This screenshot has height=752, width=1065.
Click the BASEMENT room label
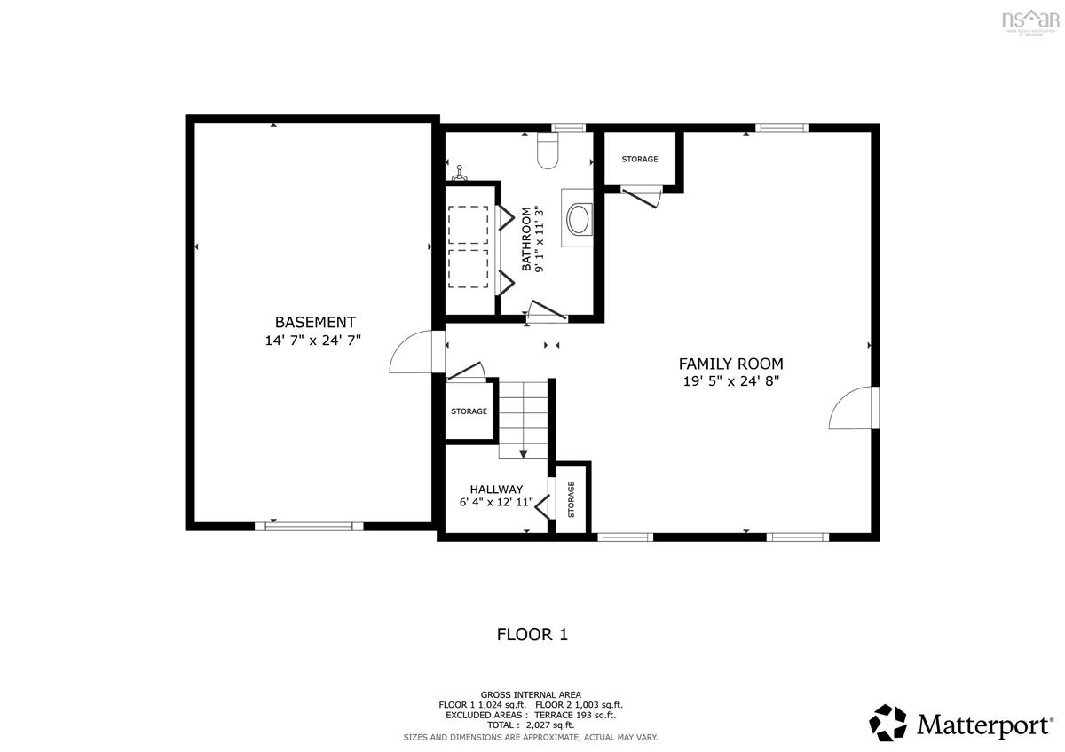pyautogui.click(x=314, y=323)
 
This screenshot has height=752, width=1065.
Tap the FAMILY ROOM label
pyautogui.click(x=730, y=364)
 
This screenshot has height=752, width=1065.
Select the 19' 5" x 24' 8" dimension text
pyautogui.click(x=730, y=381)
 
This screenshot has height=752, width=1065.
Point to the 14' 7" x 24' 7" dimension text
pyautogui.click(x=314, y=341)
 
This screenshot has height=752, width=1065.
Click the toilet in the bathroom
pyautogui.click(x=548, y=153)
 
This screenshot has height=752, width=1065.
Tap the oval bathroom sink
pyautogui.click(x=578, y=219)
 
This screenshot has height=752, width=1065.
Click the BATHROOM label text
pyautogui.click(x=526, y=239)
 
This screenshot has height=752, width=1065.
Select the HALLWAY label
pyautogui.click(x=496, y=490)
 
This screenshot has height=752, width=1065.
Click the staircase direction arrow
pyautogui.click(x=523, y=453)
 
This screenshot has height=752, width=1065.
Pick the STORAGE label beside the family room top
pyautogui.click(x=639, y=160)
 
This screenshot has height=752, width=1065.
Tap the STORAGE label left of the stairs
pyautogui.click(x=469, y=411)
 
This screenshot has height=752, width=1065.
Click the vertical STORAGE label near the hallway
pyautogui.click(x=572, y=499)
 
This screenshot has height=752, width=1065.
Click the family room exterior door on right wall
pyautogui.click(x=852, y=409)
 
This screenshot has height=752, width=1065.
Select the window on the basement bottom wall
pyautogui.click(x=309, y=526)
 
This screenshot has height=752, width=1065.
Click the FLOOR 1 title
pyautogui.click(x=532, y=635)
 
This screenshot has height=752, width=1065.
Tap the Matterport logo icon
pyautogui.click(x=887, y=723)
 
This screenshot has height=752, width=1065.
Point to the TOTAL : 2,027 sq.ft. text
pyautogui.click(x=531, y=725)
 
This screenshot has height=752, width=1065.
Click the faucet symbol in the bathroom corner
pyautogui.click(x=460, y=170)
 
